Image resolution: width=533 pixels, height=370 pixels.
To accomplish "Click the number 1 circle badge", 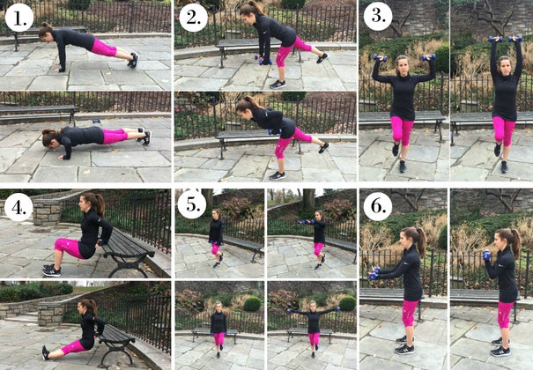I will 19,17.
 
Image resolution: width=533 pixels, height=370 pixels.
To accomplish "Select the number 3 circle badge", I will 377,17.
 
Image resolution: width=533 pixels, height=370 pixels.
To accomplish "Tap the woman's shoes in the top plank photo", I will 133,60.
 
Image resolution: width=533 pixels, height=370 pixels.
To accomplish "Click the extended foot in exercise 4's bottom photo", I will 45,351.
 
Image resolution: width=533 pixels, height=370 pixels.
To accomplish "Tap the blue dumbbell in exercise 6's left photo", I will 375,273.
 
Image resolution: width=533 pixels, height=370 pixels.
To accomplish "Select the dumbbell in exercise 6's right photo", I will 485,256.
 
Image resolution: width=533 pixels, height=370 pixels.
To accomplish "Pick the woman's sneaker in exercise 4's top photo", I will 51,270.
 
